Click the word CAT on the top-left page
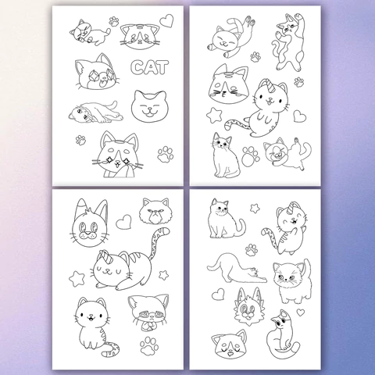click(x=150, y=67)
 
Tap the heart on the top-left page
click(x=166, y=21)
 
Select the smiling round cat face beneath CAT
click(x=148, y=106)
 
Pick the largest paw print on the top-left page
click(x=166, y=154)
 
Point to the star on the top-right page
click(x=215, y=116)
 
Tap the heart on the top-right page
click(x=300, y=116)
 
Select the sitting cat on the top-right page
click(x=226, y=155)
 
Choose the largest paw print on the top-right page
click(x=251, y=156)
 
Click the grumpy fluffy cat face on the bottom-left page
click(x=155, y=211)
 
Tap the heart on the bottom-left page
click(x=123, y=222)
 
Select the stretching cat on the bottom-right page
click(x=237, y=268)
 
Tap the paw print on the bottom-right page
click(x=252, y=250)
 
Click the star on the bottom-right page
click(x=255, y=208)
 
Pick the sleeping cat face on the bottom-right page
click(x=229, y=344)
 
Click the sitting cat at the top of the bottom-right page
click(x=225, y=219)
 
